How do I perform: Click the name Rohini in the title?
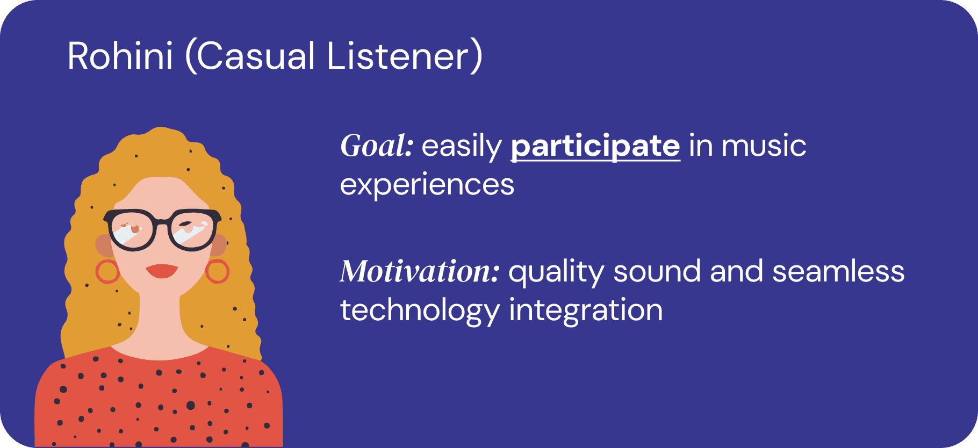pos(120,56)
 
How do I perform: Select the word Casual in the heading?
pos(250,56)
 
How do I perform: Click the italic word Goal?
pos(377,146)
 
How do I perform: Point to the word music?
pos(764,146)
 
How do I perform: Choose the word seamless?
pos(838,271)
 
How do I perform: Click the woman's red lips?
pos(162,271)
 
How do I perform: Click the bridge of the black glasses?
pos(162,222)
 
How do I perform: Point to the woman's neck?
pos(160,322)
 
